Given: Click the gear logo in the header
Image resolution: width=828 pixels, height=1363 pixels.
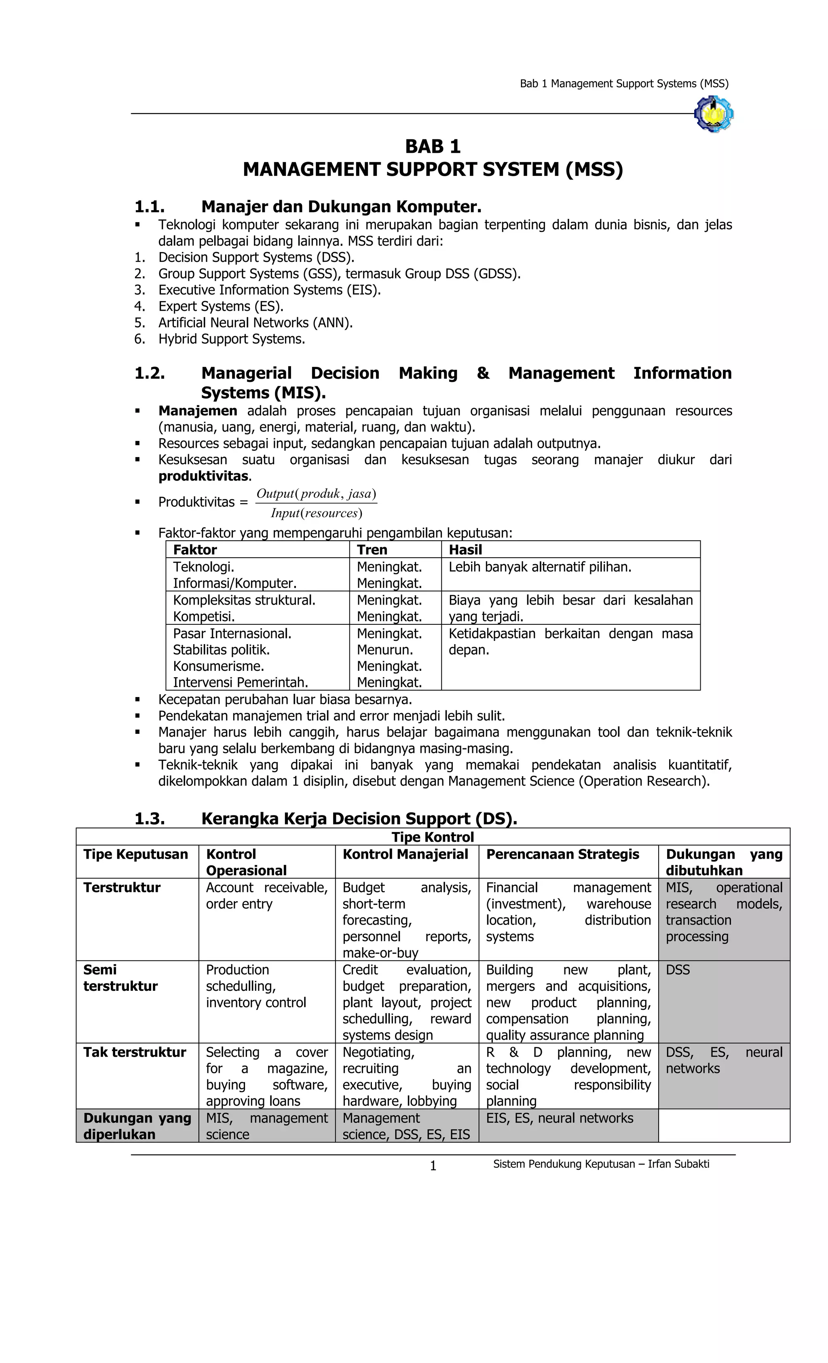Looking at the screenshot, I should click(x=714, y=114).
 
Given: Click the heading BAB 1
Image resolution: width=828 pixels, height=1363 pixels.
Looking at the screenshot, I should click(x=432, y=147).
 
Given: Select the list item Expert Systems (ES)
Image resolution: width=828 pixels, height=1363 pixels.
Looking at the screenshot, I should click(x=220, y=306).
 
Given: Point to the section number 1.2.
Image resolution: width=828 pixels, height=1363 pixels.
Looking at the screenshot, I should click(x=150, y=373).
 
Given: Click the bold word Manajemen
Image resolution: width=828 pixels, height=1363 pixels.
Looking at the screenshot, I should click(x=198, y=411).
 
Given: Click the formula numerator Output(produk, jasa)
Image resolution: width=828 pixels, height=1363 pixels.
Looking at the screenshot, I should click(x=316, y=493).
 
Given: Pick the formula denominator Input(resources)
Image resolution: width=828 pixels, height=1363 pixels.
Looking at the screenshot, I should click(x=316, y=513).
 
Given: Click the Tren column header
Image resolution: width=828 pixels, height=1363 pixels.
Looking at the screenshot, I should click(x=372, y=550).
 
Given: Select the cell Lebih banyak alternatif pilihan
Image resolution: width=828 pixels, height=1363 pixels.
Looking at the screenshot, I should click(x=540, y=567).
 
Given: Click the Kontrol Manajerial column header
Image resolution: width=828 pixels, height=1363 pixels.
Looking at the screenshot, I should click(x=405, y=855).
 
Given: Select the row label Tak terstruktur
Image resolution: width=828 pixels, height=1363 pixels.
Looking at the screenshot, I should click(x=135, y=1052).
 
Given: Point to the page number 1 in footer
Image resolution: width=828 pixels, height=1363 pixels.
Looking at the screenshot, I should click(x=433, y=1167).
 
